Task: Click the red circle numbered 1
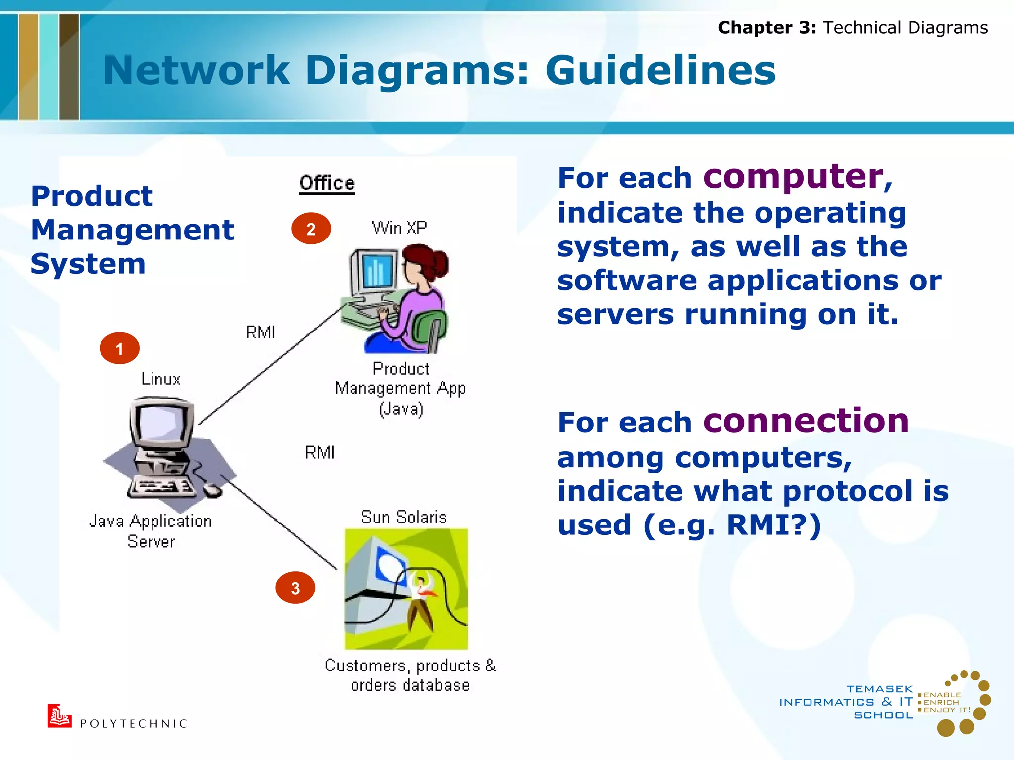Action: (119, 348)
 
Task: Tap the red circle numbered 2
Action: (311, 229)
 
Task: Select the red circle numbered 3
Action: (295, 588)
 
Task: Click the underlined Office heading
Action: (327, 183)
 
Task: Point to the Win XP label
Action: (399, 228)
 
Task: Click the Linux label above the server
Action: (160, 379)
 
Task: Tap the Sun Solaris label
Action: (404, 517)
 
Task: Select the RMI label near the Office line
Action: (260, 332)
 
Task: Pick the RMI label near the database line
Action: (320, 452)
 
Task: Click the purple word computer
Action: (793, 176)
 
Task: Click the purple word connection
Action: (806, 421)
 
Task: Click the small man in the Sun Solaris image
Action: (421, 601)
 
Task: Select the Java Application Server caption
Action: (151, 531)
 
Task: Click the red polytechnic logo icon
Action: (59, 716)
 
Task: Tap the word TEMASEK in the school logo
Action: (879, 689)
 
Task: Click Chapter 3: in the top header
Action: (766, 28)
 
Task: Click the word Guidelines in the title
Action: (660, 70)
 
